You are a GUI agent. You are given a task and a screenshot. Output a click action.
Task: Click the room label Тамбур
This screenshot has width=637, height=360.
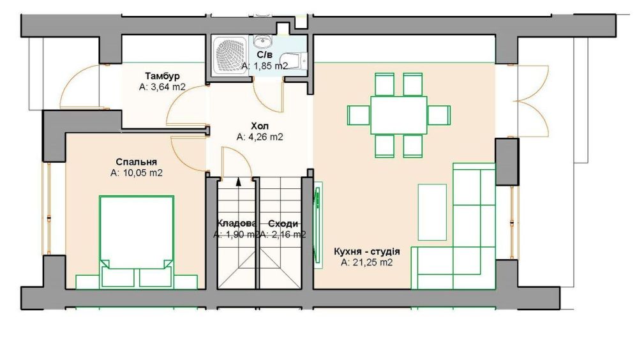[x=162, y=76]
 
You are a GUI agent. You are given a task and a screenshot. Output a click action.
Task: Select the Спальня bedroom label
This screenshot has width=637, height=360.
[x=136, y=162]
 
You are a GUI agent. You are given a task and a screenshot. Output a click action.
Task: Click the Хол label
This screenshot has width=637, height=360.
[x=260, y=126]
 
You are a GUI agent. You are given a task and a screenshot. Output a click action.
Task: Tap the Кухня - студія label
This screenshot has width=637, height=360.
[x=367, y=251]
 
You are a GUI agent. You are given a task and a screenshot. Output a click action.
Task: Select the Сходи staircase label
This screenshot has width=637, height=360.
[x=283, y=223]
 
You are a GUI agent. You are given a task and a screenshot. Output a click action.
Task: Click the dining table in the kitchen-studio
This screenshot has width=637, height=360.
[x=398, y=115]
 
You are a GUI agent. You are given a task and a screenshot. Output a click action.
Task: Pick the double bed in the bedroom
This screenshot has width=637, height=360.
[x=137, y=236]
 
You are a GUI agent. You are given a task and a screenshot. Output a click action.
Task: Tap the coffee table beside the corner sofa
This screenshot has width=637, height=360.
[x=432, y=212]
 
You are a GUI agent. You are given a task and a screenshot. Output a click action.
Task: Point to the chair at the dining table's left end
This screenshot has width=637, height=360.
[x=359, y=116]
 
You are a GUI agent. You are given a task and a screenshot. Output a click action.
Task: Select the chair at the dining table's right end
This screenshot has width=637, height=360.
[x=439, y=116]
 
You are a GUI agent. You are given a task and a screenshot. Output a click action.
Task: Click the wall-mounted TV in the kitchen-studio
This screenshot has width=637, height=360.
[x=318, y=225]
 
